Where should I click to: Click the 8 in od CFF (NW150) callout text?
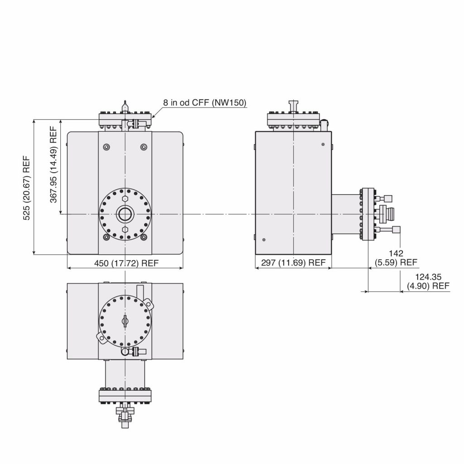(x=205, y=103)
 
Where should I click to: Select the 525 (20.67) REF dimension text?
(x=27, y=188)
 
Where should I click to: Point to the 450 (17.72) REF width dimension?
(x=126, y=263)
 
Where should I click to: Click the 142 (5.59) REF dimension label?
(x=396, y=258)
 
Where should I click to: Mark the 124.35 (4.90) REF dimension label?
(x=428, y=281)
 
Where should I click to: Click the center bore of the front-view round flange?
(x=124, y=214)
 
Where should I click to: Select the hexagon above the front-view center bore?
(x=124, y=198)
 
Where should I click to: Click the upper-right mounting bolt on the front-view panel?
(x=144, y=146)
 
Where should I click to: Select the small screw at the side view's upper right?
(x=323, y=144)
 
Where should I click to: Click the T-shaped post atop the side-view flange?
(x=294, y=106)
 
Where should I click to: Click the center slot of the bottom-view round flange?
(x=125, y=320)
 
